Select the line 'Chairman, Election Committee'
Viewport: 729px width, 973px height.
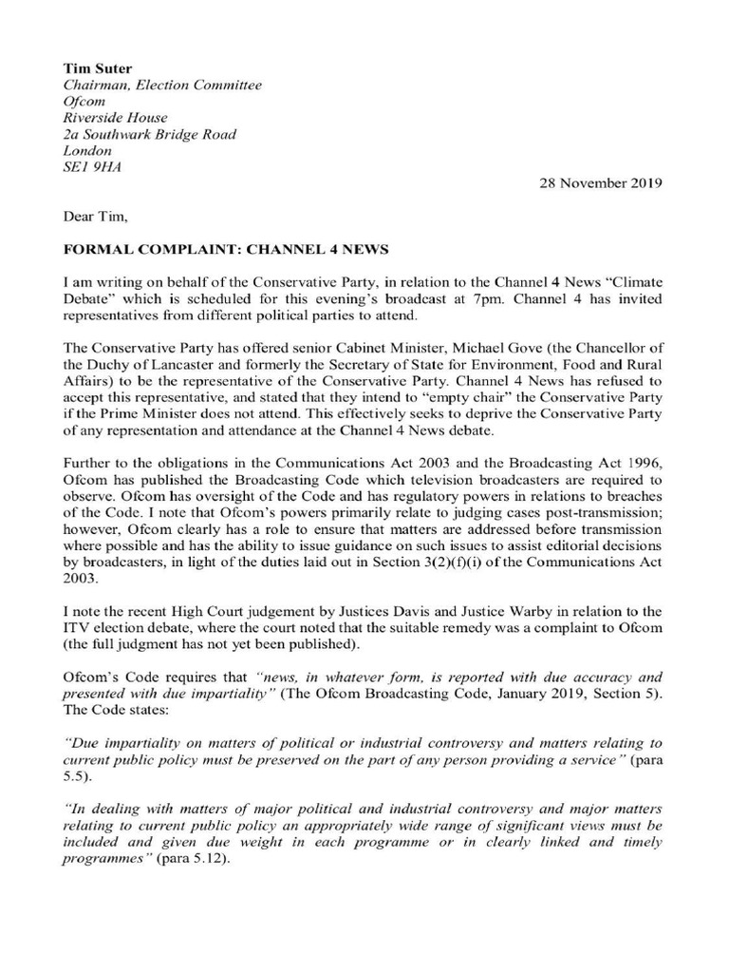tap(161, 86)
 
